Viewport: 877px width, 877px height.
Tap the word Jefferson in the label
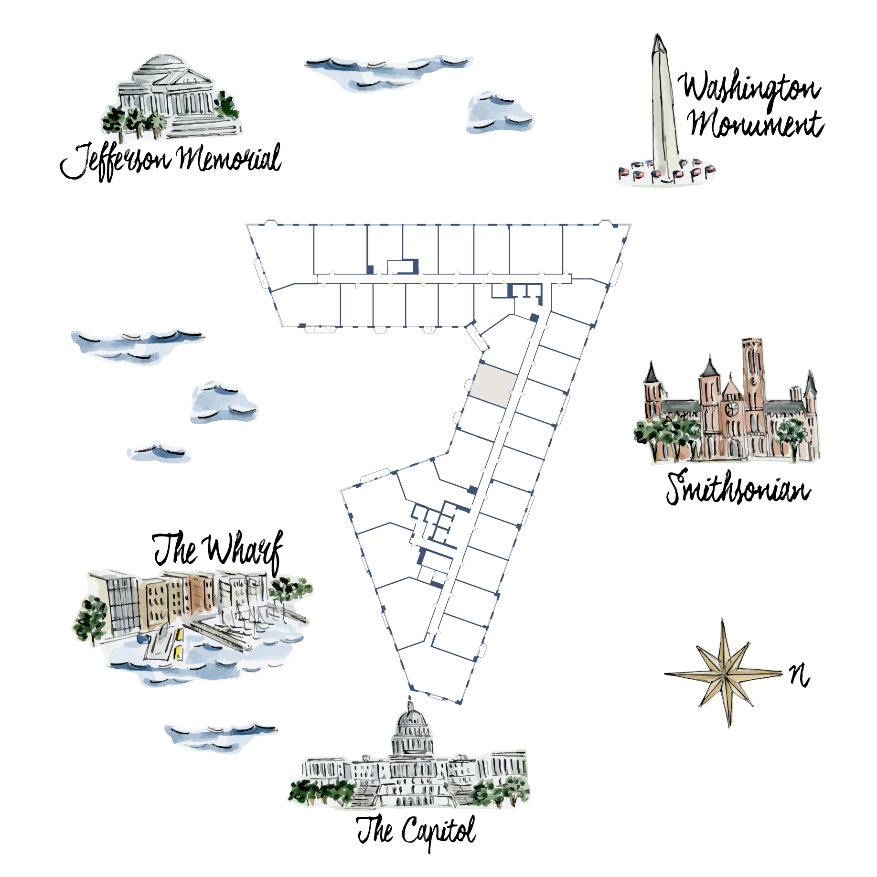pos(115,160)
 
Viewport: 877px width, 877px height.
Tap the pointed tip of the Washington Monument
pos(658,34)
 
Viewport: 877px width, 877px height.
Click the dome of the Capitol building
pos(411,728)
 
